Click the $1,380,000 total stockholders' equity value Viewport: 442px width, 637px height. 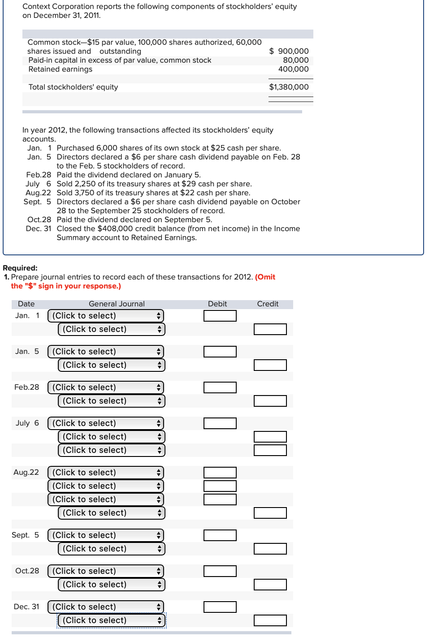[289, 87]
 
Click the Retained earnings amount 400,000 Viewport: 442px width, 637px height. [293, 69]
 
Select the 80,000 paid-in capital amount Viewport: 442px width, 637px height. [295, 60]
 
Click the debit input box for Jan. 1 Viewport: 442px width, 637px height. [220, 316]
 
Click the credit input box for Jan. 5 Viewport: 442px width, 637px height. [270, 365]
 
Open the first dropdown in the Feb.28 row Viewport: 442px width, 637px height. [106, 387]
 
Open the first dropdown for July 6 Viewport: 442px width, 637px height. [106, 423]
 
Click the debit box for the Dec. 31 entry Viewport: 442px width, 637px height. [220, 607]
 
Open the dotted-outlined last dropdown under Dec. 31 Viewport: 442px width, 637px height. [111, 620]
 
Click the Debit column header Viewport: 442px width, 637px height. [217, 304]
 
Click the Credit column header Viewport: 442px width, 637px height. [268, 304]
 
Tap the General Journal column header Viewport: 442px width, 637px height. [117, 304]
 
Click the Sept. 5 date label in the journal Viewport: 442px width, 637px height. [25, 535]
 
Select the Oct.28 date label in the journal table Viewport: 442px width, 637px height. [27, 571]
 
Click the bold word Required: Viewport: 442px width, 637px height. [20, 268]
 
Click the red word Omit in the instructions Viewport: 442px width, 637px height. [266, 277]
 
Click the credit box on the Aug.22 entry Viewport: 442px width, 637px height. [270, 513]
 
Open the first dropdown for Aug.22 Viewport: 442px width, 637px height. [106, 473]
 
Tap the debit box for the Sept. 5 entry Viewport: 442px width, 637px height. [220, 535]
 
